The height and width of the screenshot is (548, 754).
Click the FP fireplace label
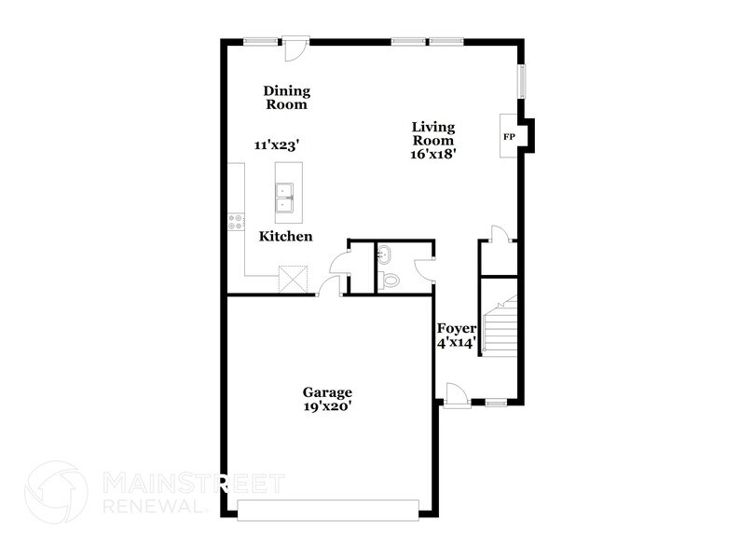(509, 137)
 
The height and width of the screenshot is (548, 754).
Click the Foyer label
(457, 329)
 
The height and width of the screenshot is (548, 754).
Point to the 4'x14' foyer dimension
(457, 343)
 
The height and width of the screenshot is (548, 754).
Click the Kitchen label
(285, 237)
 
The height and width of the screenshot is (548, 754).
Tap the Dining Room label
(287, 98)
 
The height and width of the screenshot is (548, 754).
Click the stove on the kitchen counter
(235, 221)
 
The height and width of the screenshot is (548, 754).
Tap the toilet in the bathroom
(391, 279)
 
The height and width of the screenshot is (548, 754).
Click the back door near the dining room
(295, 48)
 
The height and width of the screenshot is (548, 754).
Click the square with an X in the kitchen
(295, 278)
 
